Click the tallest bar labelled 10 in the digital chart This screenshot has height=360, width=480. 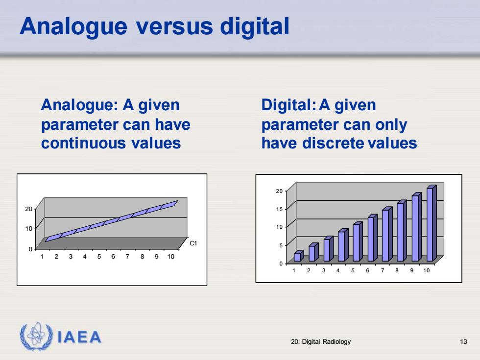432,223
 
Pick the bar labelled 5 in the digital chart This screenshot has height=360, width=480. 358,241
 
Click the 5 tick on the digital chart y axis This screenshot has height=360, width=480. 281,245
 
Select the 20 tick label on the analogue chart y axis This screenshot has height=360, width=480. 28,209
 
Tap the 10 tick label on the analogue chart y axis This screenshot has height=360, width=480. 28,229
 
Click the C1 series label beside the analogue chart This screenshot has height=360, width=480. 193,243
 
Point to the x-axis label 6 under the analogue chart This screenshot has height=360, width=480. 113,257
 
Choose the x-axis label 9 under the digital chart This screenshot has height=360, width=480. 412,270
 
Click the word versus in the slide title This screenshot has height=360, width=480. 174,26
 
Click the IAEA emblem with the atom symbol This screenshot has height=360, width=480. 36,336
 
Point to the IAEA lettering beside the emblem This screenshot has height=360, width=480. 79,337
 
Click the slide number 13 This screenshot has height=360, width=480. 463,342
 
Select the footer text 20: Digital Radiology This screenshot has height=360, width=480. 321,342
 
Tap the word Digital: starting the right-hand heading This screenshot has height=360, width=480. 288,105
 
